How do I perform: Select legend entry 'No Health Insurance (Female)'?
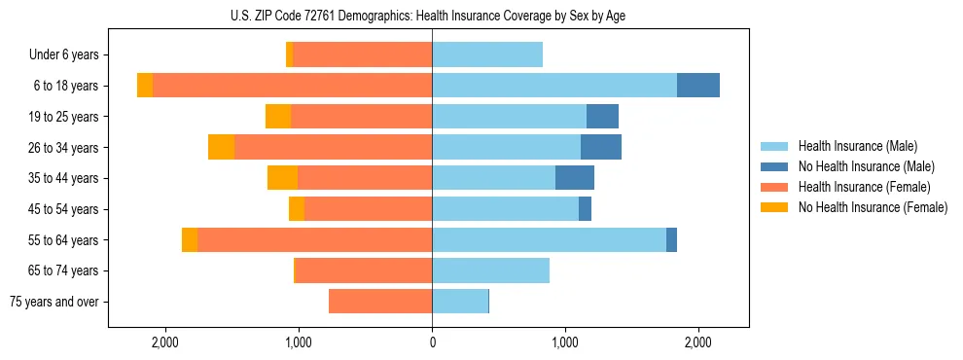873,207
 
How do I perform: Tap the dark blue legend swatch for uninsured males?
775,166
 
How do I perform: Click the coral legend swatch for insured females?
775,187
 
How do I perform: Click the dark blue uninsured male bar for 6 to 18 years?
698,86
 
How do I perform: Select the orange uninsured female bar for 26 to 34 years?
222,147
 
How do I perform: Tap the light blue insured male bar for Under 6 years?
487,55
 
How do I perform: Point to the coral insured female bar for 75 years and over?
380,302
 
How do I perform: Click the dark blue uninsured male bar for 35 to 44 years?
575,178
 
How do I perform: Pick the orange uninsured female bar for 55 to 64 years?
190,240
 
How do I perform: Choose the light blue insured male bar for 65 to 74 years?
490,270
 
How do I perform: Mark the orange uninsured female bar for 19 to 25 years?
278,117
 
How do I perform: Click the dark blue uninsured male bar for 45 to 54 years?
585,209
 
